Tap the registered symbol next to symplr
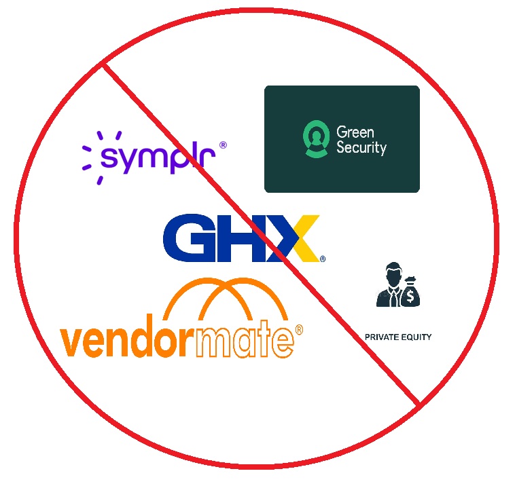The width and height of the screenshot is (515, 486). click(223, 145)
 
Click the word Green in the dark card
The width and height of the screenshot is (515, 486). click(355, 132)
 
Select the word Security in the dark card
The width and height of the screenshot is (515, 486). click(361, 148)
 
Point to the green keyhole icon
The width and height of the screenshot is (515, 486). click(316, 139)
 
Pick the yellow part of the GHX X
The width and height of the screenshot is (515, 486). click(305, 237)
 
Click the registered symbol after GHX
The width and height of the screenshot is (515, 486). click(323, 259)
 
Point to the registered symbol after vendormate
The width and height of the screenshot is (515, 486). click(299, 329)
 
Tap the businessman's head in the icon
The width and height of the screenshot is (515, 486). click(394, 274)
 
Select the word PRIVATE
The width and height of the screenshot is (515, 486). click(382, 337)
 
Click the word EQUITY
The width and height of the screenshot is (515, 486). click(416, 337)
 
